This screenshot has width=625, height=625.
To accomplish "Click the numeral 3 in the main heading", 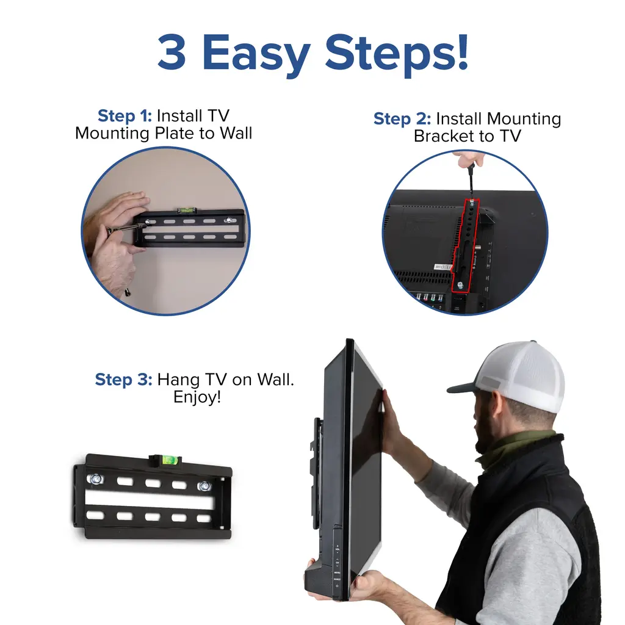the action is click(x=172, y=52).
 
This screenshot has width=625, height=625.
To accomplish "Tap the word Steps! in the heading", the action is click(x=397, y=54).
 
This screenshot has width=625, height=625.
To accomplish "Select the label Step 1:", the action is click(x=125, y=115).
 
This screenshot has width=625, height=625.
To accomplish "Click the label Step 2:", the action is click(x=402, y=119).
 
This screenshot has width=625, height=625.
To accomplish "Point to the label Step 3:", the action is click(x=123, y=380).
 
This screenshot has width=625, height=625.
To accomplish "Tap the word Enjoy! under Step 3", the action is click(x=197, y=397).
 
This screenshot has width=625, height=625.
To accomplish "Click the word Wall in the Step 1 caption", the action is click(x=236, y=133).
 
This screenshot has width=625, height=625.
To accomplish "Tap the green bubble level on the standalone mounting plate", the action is click(x=169, y=460).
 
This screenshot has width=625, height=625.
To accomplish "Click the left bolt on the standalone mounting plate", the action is click(x=96, y=479).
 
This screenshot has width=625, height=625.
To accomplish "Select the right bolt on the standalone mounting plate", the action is click(x=204, y=486).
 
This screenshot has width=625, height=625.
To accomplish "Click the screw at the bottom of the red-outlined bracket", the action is click(x=460, y=284).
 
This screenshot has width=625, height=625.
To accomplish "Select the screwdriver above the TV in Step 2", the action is click(x=471, y=180).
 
